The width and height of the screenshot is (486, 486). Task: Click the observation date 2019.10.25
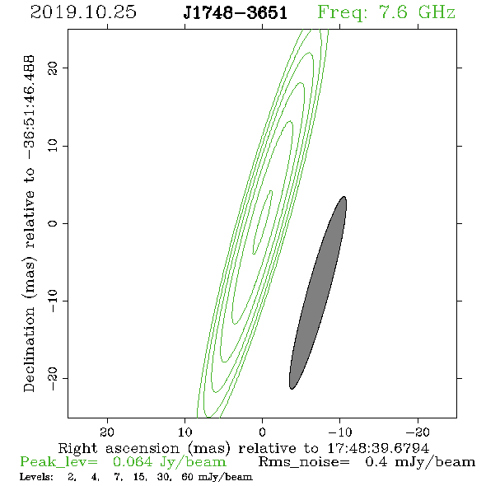[x=83, y=12]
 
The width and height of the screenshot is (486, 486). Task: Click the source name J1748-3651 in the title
[x=236, y=12]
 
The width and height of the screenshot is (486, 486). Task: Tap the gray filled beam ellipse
[x=318, y=292]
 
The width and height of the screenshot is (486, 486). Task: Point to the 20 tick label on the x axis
[x=107, y=432]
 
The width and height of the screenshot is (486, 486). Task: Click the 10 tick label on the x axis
[x=185, y=432]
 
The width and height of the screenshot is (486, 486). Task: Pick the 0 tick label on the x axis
[x=263, y=432]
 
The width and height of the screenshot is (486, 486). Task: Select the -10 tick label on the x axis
[x=340, y=432]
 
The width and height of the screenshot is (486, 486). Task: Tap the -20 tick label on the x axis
[x=418, y=432]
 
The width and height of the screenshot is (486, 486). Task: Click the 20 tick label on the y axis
[x=53, y=68]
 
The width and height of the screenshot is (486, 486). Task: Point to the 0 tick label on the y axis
[x=53, y=223]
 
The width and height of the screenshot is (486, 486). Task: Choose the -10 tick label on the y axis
[x=53, y=301]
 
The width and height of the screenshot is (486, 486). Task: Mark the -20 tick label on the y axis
[x=53, y=378]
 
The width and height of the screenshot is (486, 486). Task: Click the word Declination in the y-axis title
[x=29, y=349]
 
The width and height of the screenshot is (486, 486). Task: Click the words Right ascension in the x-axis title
[x=119, y=448]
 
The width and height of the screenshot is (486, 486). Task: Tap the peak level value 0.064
[x=133, y=462]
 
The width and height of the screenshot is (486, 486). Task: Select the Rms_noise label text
[x=304, y=462]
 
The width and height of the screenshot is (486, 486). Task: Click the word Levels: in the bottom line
[x=36, y=477]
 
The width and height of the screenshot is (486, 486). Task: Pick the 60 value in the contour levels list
[x=188, y=477]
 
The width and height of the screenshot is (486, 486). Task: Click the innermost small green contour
[x=262, y=222]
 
